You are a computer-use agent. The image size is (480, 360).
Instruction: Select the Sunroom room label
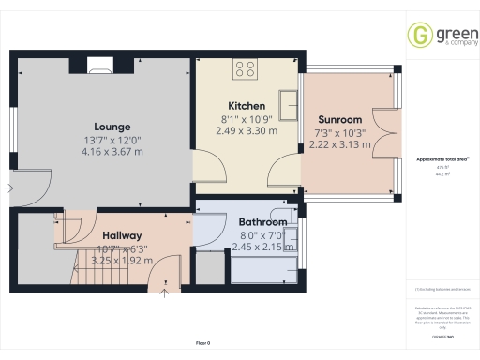point(338,121)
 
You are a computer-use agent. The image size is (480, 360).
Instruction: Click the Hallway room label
point(123,235)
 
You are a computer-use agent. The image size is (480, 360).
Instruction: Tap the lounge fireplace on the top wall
point(98,65)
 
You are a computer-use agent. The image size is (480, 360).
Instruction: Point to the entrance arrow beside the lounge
point(8,188)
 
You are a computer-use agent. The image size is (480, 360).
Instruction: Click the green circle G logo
point(418,36)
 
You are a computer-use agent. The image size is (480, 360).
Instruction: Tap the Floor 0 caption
point(202,344)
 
